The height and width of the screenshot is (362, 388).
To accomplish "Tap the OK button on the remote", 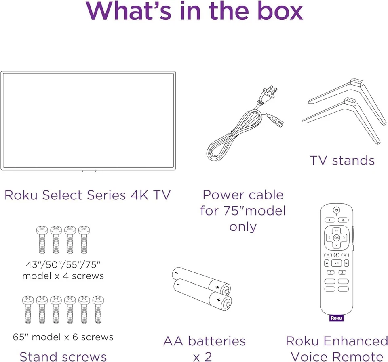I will point(336,238).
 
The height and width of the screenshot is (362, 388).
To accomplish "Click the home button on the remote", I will point(343,220).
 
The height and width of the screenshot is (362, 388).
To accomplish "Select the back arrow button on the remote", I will point(330,220).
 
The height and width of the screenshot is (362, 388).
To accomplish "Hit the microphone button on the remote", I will point(336,255).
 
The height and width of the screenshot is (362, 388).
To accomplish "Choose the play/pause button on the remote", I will point(336,263).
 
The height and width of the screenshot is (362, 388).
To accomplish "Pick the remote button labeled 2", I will point(343,272).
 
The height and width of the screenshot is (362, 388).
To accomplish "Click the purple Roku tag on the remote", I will point(336,318).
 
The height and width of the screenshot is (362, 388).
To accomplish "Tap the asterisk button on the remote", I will point(345,255).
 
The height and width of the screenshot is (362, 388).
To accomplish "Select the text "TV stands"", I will point(342,161).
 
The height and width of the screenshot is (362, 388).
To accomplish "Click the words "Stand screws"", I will point(63,356).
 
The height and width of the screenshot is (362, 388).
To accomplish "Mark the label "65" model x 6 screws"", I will point(63,337).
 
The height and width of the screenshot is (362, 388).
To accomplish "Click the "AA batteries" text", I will point(204,341).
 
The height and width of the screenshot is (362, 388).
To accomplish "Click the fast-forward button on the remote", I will point(346,263).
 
